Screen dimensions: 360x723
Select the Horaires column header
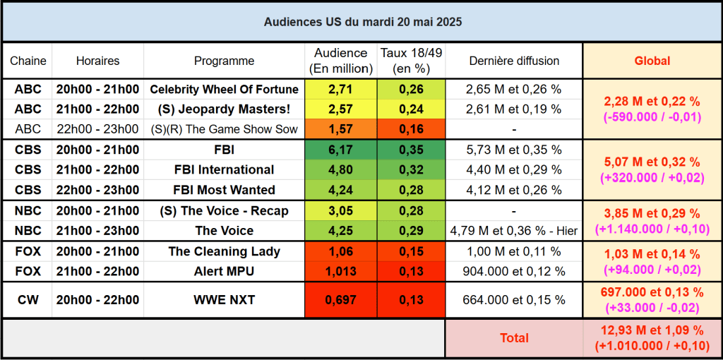point(98,61)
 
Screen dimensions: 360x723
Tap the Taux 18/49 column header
point(411,61)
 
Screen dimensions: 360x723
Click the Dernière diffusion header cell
point(514,61)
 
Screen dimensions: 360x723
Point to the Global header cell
point(652,61)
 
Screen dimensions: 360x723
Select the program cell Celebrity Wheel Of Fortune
point(225,90)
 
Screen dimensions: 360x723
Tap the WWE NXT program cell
point(225,300)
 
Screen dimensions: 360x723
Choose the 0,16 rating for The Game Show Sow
point(411,129)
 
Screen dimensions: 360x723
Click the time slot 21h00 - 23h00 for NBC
point(98,231)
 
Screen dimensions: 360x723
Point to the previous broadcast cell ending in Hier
point(514,231)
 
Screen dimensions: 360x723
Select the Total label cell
point(514,338)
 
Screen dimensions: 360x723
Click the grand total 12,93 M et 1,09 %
point(652,330)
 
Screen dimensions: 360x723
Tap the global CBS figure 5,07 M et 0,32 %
point(652,162)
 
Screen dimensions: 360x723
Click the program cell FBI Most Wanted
point(225,190)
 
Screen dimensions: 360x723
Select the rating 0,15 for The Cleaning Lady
point(411,251)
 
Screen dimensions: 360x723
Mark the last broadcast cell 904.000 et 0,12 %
point(514,271)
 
